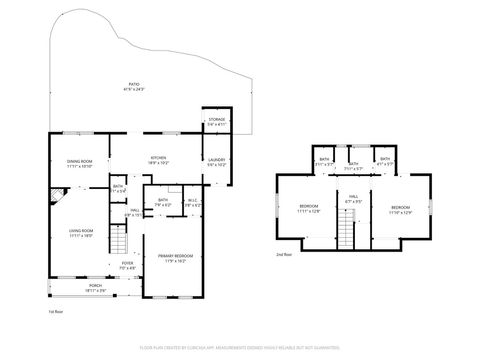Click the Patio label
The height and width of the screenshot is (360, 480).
[133, 87]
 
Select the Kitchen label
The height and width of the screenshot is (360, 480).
[158, 158]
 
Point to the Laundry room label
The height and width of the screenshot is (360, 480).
[217, 160]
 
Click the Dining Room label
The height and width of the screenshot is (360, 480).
[80, 163]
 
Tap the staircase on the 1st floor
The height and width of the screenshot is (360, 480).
[119, 240]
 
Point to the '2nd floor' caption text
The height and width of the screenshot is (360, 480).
[284, 255]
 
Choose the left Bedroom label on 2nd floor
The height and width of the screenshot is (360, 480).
[308, 209]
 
